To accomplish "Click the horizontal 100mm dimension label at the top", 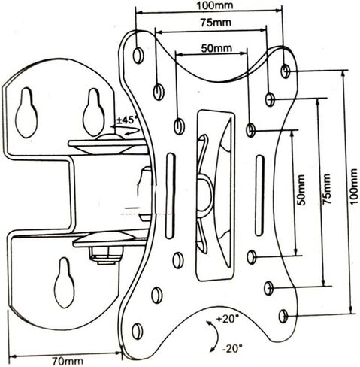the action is coord(214,5).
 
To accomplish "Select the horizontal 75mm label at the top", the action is coord(216,23).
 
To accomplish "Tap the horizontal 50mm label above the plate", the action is coord(216,48).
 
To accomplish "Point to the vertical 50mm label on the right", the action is coord(301,190).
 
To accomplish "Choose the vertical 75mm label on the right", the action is coord(326,189).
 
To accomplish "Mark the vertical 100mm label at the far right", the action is coord(353,187).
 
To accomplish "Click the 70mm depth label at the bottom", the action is coord(68,361).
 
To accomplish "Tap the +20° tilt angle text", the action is coord(228,319).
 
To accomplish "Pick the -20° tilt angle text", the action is coord(233,349).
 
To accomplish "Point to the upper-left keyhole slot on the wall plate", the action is coord(26,113).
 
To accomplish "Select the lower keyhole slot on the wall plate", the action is coord(65,283).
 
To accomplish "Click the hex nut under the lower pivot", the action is coord(106,255).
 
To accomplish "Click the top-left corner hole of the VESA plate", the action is coord(138,55).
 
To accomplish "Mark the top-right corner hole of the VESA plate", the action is coord(286,71).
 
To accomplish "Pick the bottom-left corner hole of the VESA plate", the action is coord(138,332).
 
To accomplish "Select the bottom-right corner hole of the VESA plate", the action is coord(283,317).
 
